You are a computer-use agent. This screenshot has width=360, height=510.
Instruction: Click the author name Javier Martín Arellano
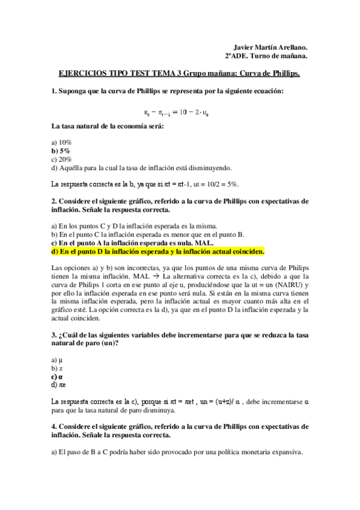pos(270,47)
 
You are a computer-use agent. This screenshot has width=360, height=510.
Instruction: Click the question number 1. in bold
pos(54,91)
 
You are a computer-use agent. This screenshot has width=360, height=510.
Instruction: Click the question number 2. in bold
pos(54,200)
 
